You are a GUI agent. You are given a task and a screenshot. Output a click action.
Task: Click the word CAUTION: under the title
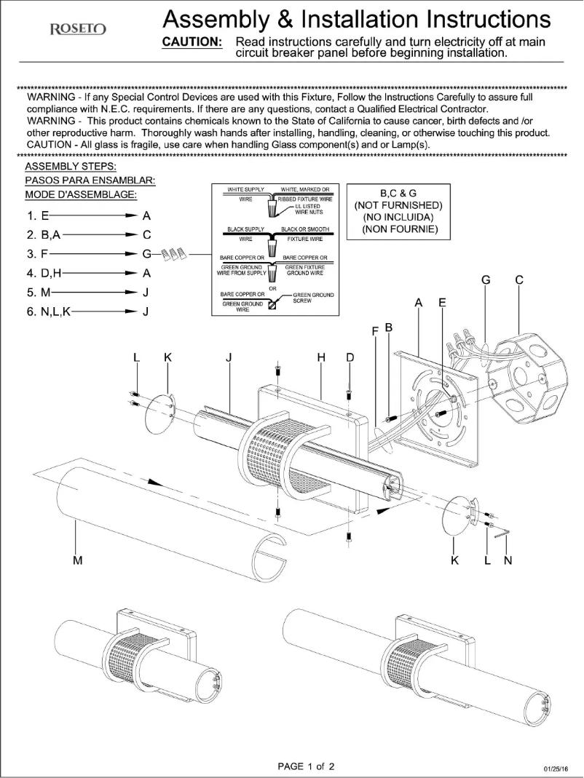[192, 42]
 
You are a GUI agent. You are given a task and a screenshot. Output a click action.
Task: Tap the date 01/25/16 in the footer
[556, 769]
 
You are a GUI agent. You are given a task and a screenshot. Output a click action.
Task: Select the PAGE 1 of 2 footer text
[307, 766]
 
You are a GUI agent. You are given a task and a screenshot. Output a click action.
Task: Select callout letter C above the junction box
[518, 279]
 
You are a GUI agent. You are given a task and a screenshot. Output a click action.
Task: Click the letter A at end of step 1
[146, 216]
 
